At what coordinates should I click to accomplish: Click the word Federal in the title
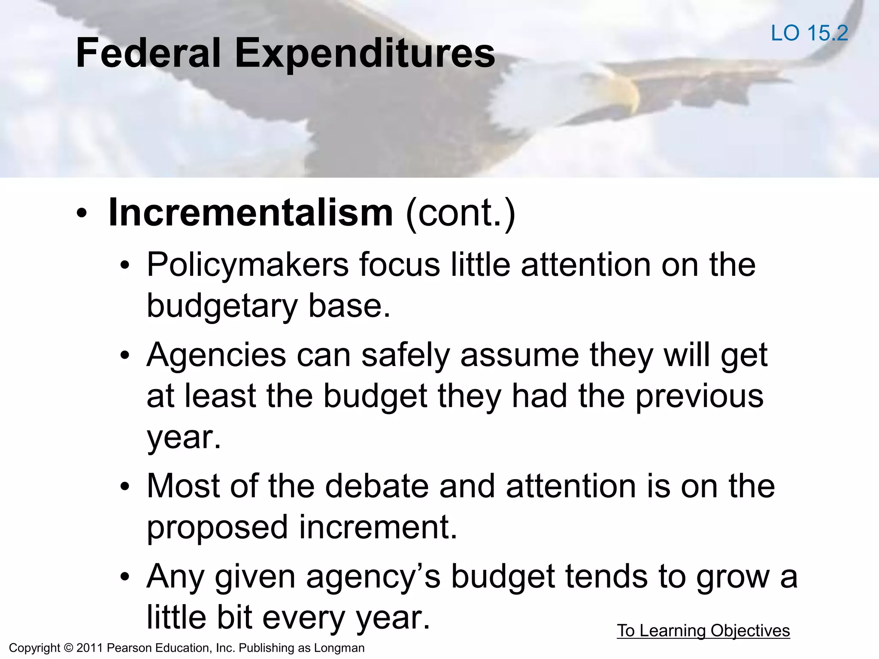(x=148, y=53)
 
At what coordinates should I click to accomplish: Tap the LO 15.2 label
(x=809, y=33)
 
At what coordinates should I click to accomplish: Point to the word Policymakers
(x=248, y=265)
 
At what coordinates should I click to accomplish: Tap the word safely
(x=405, y=355)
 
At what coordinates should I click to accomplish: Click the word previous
(x=699, y=396)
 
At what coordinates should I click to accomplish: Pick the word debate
(x=376, y=487)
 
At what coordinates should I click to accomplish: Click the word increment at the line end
(x=378, y=528)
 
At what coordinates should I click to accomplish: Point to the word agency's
(x=373, y=577)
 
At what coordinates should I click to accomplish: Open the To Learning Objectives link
(x=703, y=631)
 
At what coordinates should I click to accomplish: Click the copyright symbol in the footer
(x=68, y=648)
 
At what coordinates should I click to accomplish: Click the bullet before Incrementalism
(x=82, y=213)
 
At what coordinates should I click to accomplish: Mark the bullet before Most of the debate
(x=125, y=487)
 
